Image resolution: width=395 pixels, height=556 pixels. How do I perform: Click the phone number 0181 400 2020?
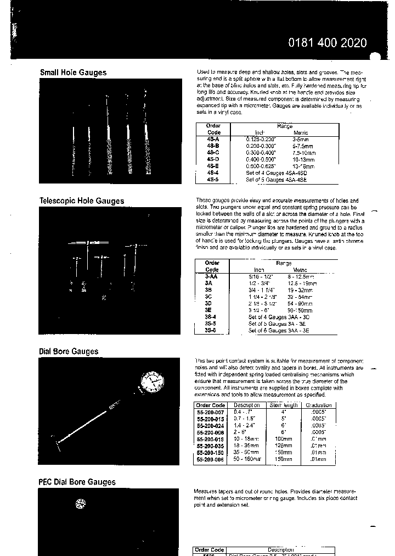[328, 43]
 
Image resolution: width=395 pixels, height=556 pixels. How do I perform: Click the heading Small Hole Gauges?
[73, 73]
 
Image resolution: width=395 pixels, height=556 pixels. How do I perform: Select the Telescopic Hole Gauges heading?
[82, 201]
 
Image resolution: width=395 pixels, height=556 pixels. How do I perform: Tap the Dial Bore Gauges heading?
[69, 352]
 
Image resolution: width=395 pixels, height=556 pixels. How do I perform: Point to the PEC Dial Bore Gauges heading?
[77, 482]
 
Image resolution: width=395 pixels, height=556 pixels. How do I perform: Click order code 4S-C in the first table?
[213, 152]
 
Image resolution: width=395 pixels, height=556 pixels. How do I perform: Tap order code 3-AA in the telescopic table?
[212, 276]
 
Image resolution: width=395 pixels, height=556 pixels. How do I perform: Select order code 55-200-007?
[211, 412]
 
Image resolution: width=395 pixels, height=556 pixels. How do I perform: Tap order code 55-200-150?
[211, 452]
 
